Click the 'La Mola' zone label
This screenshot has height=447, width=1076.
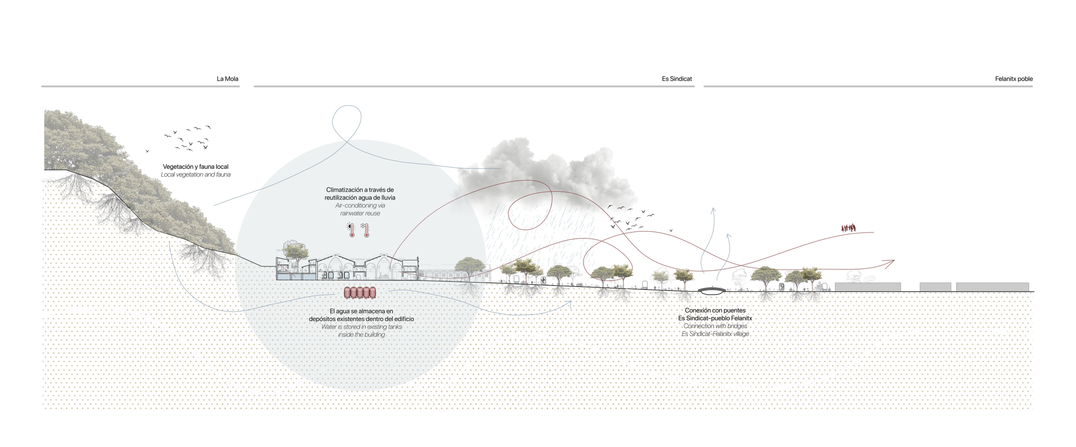(x=227, y=79)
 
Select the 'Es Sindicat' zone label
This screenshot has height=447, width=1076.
(x=677, y=79)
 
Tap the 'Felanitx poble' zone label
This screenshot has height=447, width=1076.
(x=1014, y=79)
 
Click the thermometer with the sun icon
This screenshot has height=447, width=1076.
(x=351, y=230)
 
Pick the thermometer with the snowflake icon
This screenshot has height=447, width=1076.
(x=365, y=230)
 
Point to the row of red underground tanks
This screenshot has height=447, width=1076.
(x=360, y=293)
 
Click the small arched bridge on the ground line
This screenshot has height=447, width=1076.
(x=712, y=289)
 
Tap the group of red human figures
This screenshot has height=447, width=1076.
(x=849, y=228)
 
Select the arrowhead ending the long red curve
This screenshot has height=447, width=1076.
(x=889, y=263)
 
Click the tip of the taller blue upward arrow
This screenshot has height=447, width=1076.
(x=712, y=208)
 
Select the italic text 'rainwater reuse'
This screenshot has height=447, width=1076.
(x=360, y=213)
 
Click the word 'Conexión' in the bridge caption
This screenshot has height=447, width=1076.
(x=698, y=310)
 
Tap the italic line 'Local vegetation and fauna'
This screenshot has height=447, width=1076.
(x=196, y=174)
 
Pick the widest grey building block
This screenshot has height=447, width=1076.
(x=992, y=287)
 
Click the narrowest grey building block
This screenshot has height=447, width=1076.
(x=935, y=287)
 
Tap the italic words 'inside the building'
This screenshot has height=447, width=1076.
(x=361, y=335)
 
